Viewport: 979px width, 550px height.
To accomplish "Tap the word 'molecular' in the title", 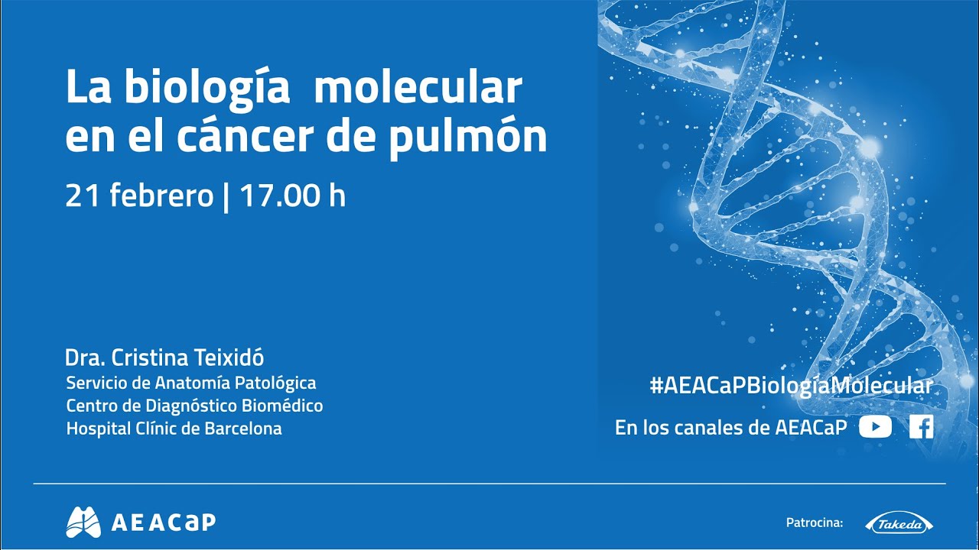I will tap(418, 89).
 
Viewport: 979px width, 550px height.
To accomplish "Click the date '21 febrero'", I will tap(138, 196).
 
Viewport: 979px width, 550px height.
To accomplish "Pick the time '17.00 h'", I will tap(293, 196).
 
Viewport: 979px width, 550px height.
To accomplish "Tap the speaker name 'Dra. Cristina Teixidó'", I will tap(164, 357).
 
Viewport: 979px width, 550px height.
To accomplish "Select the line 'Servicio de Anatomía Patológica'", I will tap(191, 382).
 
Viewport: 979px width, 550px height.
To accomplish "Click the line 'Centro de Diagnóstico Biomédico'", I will tap(194, 406).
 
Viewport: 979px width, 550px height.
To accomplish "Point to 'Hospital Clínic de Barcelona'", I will tap(174, 429).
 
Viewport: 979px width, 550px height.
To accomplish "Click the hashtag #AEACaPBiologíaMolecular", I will tap(791, 386).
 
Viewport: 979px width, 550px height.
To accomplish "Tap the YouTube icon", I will tap(875, 427).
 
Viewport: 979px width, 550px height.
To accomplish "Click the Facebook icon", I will tap(922, 427).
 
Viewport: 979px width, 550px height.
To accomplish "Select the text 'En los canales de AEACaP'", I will tap(730, 428).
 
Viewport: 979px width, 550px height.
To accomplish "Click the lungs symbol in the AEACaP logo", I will tap(83, 522).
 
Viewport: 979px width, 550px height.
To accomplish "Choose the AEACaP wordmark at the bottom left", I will tap(164, 522).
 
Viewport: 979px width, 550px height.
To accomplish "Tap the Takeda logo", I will tap(899, 524).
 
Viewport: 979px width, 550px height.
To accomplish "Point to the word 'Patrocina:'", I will tap(814, 523).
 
